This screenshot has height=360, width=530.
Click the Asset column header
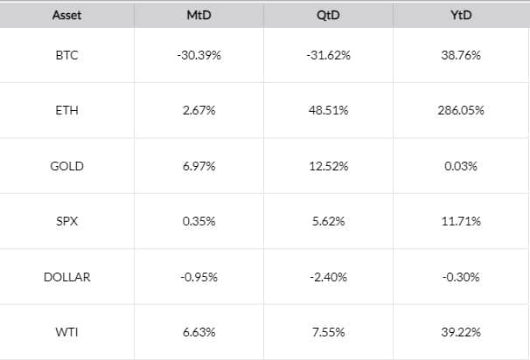pyautogui.click(x=66, y=15)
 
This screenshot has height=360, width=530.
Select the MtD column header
pyautogui.click(x=199, y=15)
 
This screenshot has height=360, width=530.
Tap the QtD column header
pyautogui.click(x=329, y=15)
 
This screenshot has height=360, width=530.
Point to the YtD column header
pyautogui.click(x=459, y=15)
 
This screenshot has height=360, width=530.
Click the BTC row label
pyautogui.click(x=66, y=55)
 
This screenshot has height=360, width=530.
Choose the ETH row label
pyautogui.click(x=66, y=111)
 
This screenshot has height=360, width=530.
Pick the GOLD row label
pyautogui.click(x=66, y=166)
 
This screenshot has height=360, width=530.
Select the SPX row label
pyautogui.click(x=66, y=221)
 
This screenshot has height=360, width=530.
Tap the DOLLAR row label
pyautogui.click(x=66, y=277)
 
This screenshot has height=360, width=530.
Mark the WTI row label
pyautogui.click(x=66, y=332)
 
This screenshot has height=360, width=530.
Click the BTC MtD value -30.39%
pyautogui.click(x=199, y=55)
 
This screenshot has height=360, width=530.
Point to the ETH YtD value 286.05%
pyautogui.click(x=460, y=111)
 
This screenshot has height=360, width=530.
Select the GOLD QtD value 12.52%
pyautogui.click(x=329, y=166)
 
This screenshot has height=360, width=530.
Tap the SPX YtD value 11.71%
pyautogui.click(x=460, y=221)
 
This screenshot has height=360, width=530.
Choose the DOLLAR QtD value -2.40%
pyautogui.click(x=329, y=277)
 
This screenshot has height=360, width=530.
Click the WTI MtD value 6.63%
pyautogui.click(x=199, y=332)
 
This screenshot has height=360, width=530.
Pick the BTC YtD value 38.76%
pyautogui.click(x=460, y=55)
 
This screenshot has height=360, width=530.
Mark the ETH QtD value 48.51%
pyautogui.click(x=329, y=111)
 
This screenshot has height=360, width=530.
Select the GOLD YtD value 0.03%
pyautogui.click(x=460, y=166)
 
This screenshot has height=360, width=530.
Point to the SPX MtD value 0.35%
pyautogui.click(x=199, y=221)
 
